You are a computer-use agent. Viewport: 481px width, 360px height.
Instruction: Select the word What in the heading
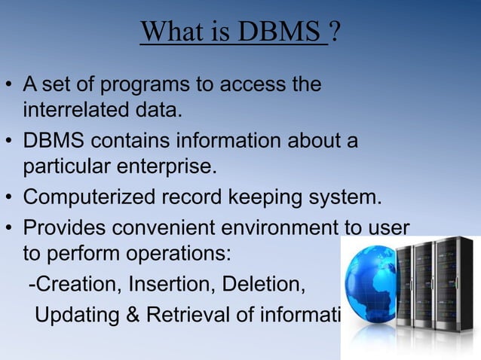168,32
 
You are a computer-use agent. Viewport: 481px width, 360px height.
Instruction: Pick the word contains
132,142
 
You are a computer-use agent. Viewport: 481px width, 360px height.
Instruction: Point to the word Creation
78,285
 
